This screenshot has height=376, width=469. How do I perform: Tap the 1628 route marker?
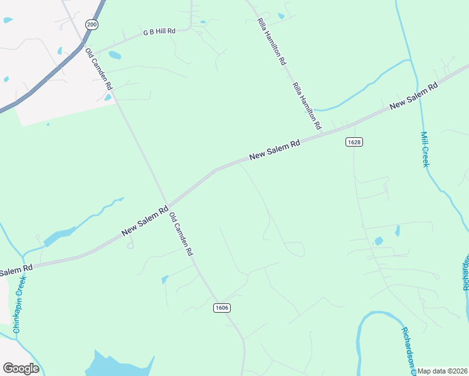click(354, 142)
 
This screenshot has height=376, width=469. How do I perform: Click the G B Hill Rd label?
click(159, 31)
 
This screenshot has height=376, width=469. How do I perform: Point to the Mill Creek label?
click(424, 149)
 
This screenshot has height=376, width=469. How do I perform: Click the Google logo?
click(21, 368)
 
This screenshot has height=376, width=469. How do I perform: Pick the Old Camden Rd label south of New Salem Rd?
click(181, 232)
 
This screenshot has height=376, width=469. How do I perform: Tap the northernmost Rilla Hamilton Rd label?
click(272, 42)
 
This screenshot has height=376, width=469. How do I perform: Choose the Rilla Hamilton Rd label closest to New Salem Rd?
click(307, 105)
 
